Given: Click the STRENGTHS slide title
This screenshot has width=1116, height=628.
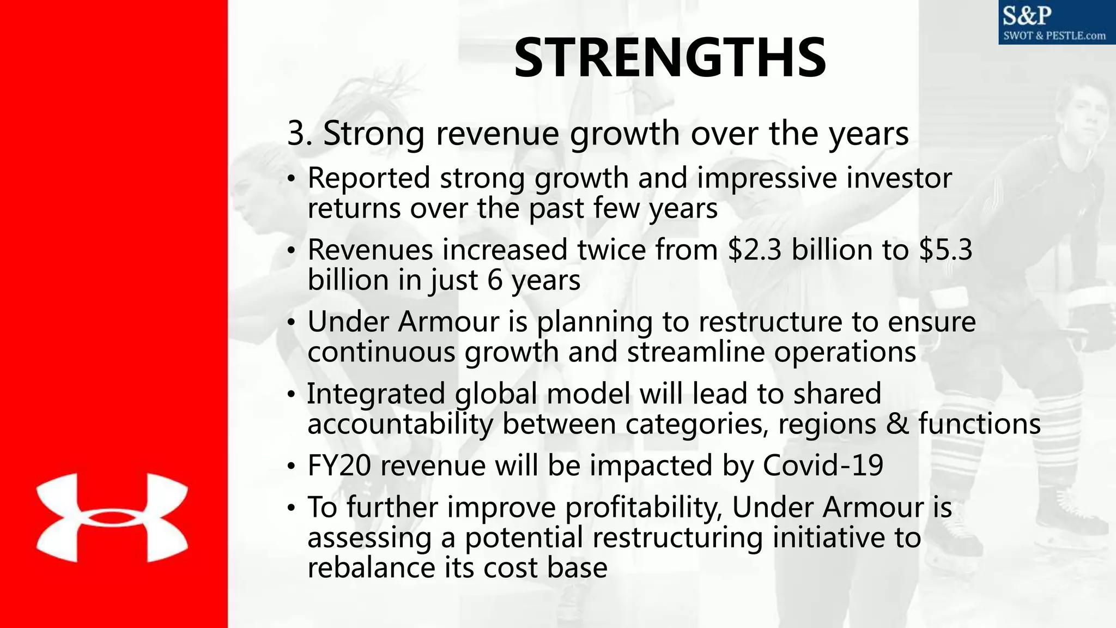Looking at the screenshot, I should (x=670, y=58).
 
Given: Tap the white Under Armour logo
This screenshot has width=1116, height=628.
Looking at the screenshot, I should (x=112, y=517).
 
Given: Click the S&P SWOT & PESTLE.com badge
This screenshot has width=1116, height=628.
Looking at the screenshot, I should (x=1056, y=22).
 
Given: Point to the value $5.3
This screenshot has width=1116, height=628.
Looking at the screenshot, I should (x=945, y=250).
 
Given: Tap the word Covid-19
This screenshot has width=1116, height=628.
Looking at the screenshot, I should (x=822, y=466).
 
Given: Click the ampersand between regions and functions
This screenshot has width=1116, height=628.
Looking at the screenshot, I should (x=897, y=424).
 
